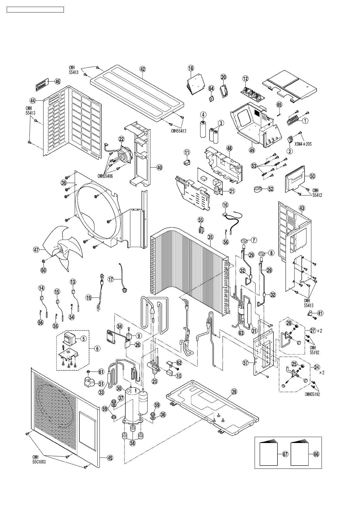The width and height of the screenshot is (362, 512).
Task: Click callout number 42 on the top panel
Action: pyautogui.click(x=143, y=69)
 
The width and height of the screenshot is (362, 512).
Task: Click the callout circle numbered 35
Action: pyautogui.click(x=210, y=237)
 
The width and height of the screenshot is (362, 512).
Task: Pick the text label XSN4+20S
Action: pyautogui.click(x=303, y=144)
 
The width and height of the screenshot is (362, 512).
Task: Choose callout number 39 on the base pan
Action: pyautogui.click(x=234, y=392)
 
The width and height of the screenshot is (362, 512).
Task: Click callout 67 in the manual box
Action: pyautogui.click(x=285, y=454)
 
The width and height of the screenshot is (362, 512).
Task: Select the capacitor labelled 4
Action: pyautogui.click(x=203, y=129)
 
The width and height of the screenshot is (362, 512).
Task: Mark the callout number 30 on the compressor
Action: pyautogui.click(x=119, y=388)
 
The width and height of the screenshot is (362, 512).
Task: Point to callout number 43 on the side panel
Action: pyautogui.click(x=301, y=208)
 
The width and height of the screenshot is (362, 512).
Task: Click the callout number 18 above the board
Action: pyautogui.click(x=191, y=68)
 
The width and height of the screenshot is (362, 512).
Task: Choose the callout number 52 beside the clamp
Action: pyautogui.click(x=270, y=189)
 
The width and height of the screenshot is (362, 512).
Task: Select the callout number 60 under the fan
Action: pyautogui.click(x=44, y=270)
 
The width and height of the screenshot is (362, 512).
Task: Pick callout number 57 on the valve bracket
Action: pyautogui.click(x=246, y=362)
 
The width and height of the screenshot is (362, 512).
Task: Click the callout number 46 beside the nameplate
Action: pyautogui.click(x=57, y=81)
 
